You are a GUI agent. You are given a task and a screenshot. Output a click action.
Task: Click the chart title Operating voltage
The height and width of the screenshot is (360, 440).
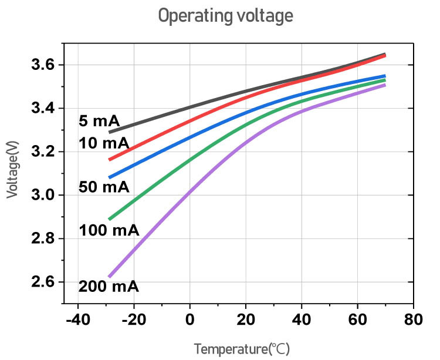(225, 15)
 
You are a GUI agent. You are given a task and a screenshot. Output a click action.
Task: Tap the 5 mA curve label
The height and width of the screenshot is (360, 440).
(99, 121)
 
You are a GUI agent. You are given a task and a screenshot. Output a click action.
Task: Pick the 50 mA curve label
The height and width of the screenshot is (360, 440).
(104, 187)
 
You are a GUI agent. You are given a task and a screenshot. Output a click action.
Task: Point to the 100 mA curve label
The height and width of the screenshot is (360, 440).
(109, 230)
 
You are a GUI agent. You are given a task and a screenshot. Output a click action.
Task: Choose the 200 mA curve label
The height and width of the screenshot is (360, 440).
(109, 287)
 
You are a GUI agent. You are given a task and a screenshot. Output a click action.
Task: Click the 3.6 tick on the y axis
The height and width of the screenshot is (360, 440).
(43, 65)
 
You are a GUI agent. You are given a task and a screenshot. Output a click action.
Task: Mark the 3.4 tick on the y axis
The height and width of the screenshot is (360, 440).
(43, 108)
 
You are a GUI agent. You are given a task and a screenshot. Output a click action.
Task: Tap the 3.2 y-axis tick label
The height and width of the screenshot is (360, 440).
(43, 152)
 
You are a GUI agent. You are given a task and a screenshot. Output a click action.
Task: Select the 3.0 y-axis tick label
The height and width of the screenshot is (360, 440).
(43, 195)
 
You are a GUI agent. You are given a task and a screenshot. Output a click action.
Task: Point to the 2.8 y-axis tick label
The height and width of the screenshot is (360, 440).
(43, 238)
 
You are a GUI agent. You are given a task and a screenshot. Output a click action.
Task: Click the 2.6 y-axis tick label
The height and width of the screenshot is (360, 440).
(43, 282)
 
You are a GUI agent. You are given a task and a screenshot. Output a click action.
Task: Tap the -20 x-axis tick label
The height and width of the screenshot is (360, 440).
(133, 321)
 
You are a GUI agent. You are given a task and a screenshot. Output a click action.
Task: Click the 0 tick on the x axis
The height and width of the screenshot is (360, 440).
(189, 321)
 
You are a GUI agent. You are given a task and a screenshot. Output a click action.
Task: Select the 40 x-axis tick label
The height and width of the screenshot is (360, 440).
(302, 321)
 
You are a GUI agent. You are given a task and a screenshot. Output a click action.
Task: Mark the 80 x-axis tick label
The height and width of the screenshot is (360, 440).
(414, 321)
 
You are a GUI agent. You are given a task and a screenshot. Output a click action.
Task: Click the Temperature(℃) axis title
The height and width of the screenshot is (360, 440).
(242, 349)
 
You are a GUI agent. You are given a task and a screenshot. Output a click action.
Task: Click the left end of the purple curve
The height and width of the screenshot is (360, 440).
(110, 277)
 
